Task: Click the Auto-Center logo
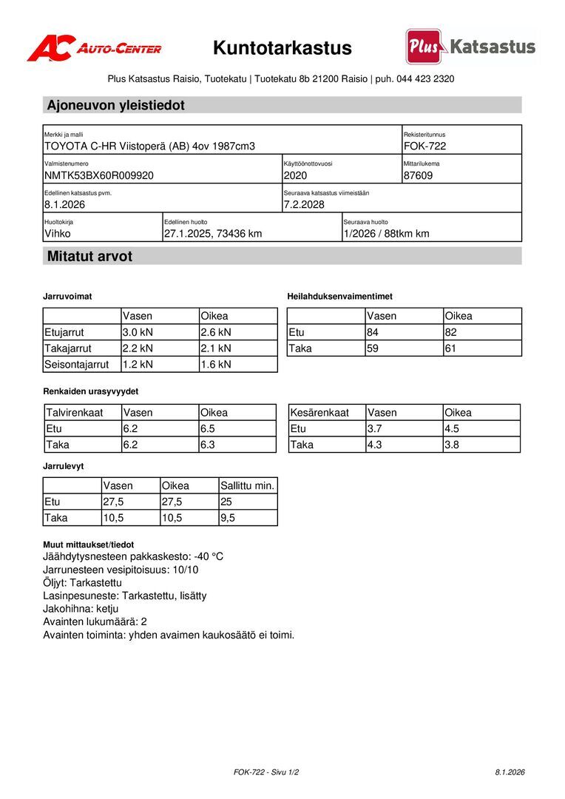pyautogui.click(x=94, y=48)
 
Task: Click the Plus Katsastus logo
pyautogui.click(x=470, y=47)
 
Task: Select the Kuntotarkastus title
pyautogui.click(x=282, y=48)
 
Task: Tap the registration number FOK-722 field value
pyautogui.click(x=424, y=146)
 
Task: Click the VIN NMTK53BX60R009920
pyautogui.click(x=99, y=175)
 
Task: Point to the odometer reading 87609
pyautogui.click(x=419, y=175)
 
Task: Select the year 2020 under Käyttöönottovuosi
pyautogui.click(x=295, y=175)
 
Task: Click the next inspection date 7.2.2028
pyautogui.click(x=304, y=204)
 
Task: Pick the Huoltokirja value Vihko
pyautogui.click(x=58, y=234)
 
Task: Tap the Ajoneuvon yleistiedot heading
pyautogui.click(x=116, y=105)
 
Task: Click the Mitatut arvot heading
pyautogui.click(x=89, y=257)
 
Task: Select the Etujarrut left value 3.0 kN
pyautogui.click(x=138, y=332)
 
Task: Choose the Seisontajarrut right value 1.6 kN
pyautogui.click(x=216, y=364)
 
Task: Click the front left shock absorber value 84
pyautogui.click(x=374, y=332)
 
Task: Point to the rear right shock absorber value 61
pyautogui.click(x=451, y=348)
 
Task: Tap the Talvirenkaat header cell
pyautogui.click(x=75, y=413)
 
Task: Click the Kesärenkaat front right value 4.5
pyautogui.click(x=452, y=429)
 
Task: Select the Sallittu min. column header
pyautogui.click(x=248, y=486)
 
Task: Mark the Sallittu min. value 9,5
pyautogui.click(x=228, y=518)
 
